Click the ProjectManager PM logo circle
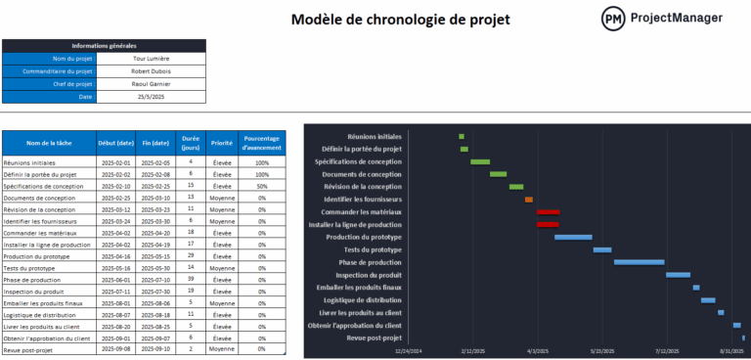[x=614, y=19]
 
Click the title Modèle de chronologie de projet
[x=400, y=20]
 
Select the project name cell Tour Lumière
[x=152, y=59]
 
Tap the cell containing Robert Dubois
[x=152, y=71]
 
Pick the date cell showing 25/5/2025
[x=152, y=97]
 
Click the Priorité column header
[x=222, y=143]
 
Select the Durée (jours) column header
[x=191, y=143]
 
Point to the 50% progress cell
[x=262, y=186]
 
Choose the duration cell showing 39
[x=191, y=279]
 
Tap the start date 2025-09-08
[x=115, y=348]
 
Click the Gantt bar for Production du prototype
[x=573, y=237]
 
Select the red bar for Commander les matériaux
[x=548, y=211]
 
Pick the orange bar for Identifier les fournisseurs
[x=529, y=200]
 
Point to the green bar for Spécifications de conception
[x=480, y=161]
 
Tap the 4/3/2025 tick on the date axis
[x=538, y=350]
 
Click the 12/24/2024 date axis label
[x=409, y=350]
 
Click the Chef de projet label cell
[x=49, y=84]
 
